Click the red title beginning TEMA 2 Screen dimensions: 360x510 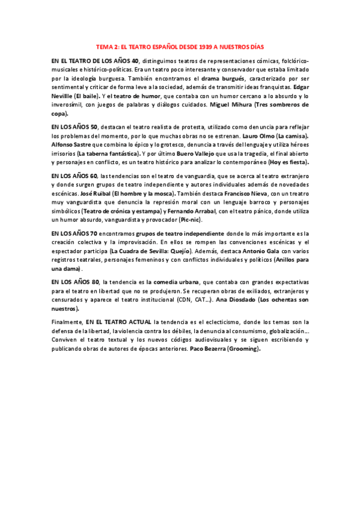[x=180, y=46]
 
